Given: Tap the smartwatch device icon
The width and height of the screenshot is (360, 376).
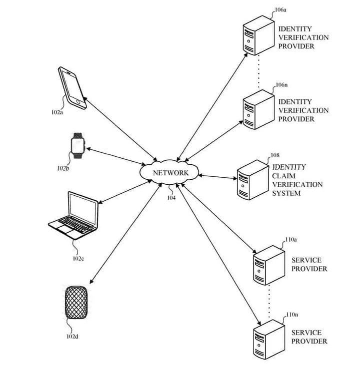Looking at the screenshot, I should [77, 146].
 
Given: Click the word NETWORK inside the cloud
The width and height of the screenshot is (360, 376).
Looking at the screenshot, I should [170, 173].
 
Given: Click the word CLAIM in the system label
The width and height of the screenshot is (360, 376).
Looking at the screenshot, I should [282, 176].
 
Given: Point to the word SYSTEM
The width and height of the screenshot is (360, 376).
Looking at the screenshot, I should [286, 193].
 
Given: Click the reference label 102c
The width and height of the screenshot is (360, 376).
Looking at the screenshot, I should [78, 258].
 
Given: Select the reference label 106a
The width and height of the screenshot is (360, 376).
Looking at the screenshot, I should [281, 9].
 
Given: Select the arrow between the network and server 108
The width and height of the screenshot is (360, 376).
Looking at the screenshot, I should [218, 176].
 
